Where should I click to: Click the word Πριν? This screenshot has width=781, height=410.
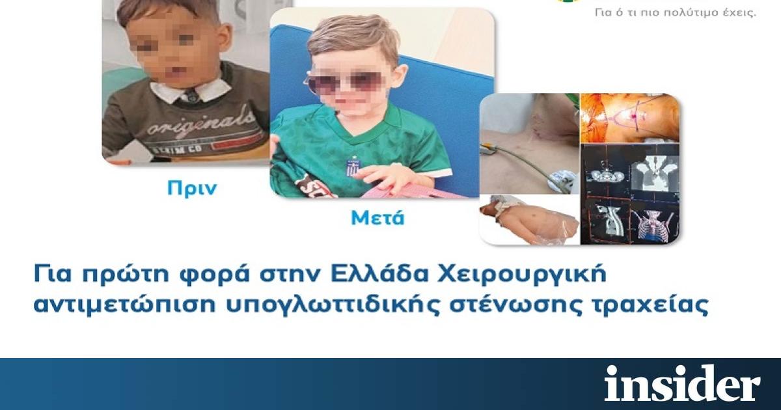(x=192, y=189)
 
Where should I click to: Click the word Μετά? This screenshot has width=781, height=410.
(x=377, y=218)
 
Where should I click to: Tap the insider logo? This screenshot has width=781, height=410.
(x=682, y=383)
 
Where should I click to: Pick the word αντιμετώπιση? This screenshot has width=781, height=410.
(x=124, y=305)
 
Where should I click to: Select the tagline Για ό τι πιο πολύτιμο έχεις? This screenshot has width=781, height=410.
(x=676, y=13)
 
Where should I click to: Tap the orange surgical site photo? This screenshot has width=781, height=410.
(x=630, y=118)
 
